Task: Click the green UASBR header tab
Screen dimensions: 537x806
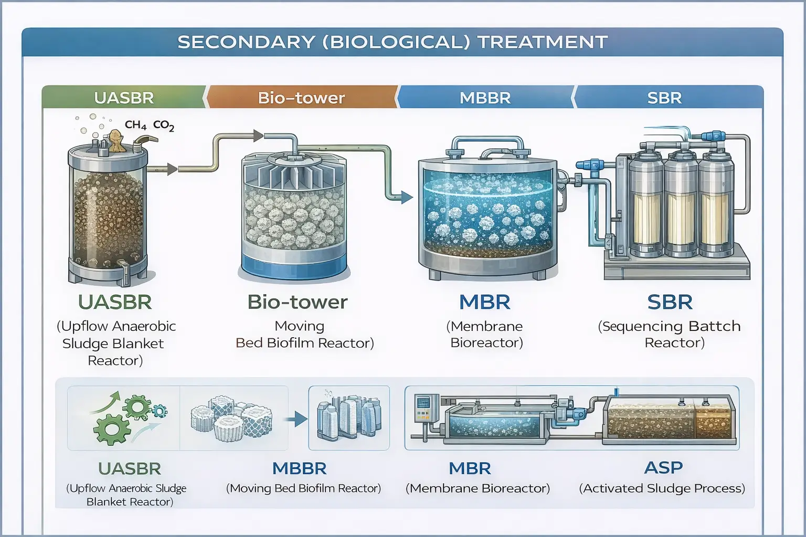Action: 124,98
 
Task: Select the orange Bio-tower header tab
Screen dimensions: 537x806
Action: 301,98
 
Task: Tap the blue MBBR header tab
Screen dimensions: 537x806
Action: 485,98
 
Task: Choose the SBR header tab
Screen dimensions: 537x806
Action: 664,98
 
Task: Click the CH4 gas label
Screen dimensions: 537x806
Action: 135,125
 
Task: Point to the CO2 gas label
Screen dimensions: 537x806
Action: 163,125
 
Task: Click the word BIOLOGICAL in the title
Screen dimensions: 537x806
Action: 396,42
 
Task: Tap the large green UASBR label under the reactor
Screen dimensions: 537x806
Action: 115,302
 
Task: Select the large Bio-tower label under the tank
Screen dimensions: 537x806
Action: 298,302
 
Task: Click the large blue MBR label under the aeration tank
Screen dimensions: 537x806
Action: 484,302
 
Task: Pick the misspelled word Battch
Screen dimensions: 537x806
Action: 714,326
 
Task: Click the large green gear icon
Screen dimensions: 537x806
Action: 111,428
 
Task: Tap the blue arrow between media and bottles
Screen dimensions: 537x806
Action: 298,419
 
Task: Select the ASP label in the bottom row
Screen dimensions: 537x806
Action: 663,467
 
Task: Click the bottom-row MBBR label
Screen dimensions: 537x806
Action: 299,468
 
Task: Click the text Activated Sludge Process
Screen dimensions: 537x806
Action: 662,488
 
